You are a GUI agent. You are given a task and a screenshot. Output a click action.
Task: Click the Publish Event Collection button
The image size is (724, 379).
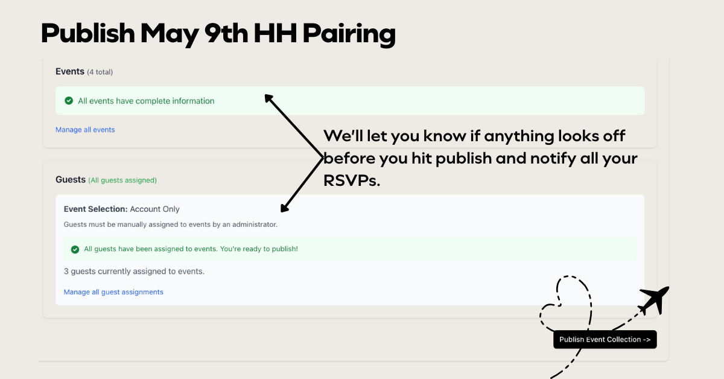coord(605,339)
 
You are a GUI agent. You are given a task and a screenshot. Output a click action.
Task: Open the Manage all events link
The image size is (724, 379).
coord(85,130)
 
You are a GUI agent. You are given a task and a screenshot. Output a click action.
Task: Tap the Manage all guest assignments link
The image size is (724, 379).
coord(113,292)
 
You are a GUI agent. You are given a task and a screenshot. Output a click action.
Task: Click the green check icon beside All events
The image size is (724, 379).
coord(69,101)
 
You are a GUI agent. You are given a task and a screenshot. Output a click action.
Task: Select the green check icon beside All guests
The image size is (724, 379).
coord(75,249)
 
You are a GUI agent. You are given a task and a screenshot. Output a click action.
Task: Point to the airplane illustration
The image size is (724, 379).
coord(654,301)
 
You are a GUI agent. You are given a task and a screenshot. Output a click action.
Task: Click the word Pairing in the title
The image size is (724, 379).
coord(349,34)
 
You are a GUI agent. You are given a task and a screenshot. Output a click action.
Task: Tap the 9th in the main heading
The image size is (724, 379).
coord(226,33)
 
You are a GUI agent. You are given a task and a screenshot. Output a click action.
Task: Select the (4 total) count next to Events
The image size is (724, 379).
coord(100,72)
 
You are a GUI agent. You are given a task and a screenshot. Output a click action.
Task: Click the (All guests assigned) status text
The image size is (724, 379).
coord(122,180)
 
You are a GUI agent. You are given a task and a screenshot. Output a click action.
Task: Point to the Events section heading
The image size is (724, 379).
coord(70,71)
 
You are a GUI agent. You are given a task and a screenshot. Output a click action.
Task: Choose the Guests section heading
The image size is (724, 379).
coord(71,179)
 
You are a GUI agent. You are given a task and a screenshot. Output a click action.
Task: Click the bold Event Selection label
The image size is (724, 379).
coord(96,209)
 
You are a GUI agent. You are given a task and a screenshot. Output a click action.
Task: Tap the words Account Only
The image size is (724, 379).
coord(154,209)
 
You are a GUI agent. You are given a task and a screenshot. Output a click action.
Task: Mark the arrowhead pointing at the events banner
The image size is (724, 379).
coord(269,98)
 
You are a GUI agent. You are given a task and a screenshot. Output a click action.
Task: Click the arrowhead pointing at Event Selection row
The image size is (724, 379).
coord(284,208)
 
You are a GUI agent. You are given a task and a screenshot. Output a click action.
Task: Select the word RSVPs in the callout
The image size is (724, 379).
coord(352,181)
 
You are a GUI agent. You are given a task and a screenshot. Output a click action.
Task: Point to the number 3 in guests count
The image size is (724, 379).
coord(66,272)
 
